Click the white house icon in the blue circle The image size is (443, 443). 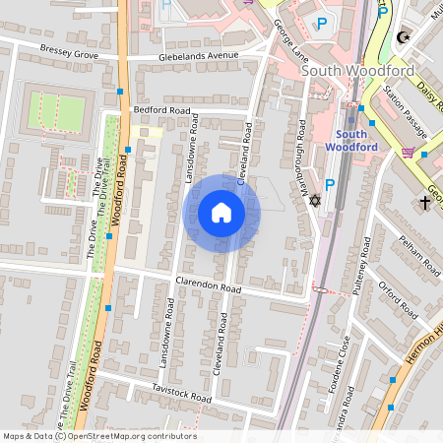coord(221,213)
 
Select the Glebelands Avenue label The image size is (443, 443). coord(200,57)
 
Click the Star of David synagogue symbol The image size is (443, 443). coord(316,201)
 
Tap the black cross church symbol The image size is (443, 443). coord(425,203)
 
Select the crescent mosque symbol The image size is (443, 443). coord(402,38)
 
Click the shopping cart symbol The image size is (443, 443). coord(408,153)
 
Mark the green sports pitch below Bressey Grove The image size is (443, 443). coord(56,109)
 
